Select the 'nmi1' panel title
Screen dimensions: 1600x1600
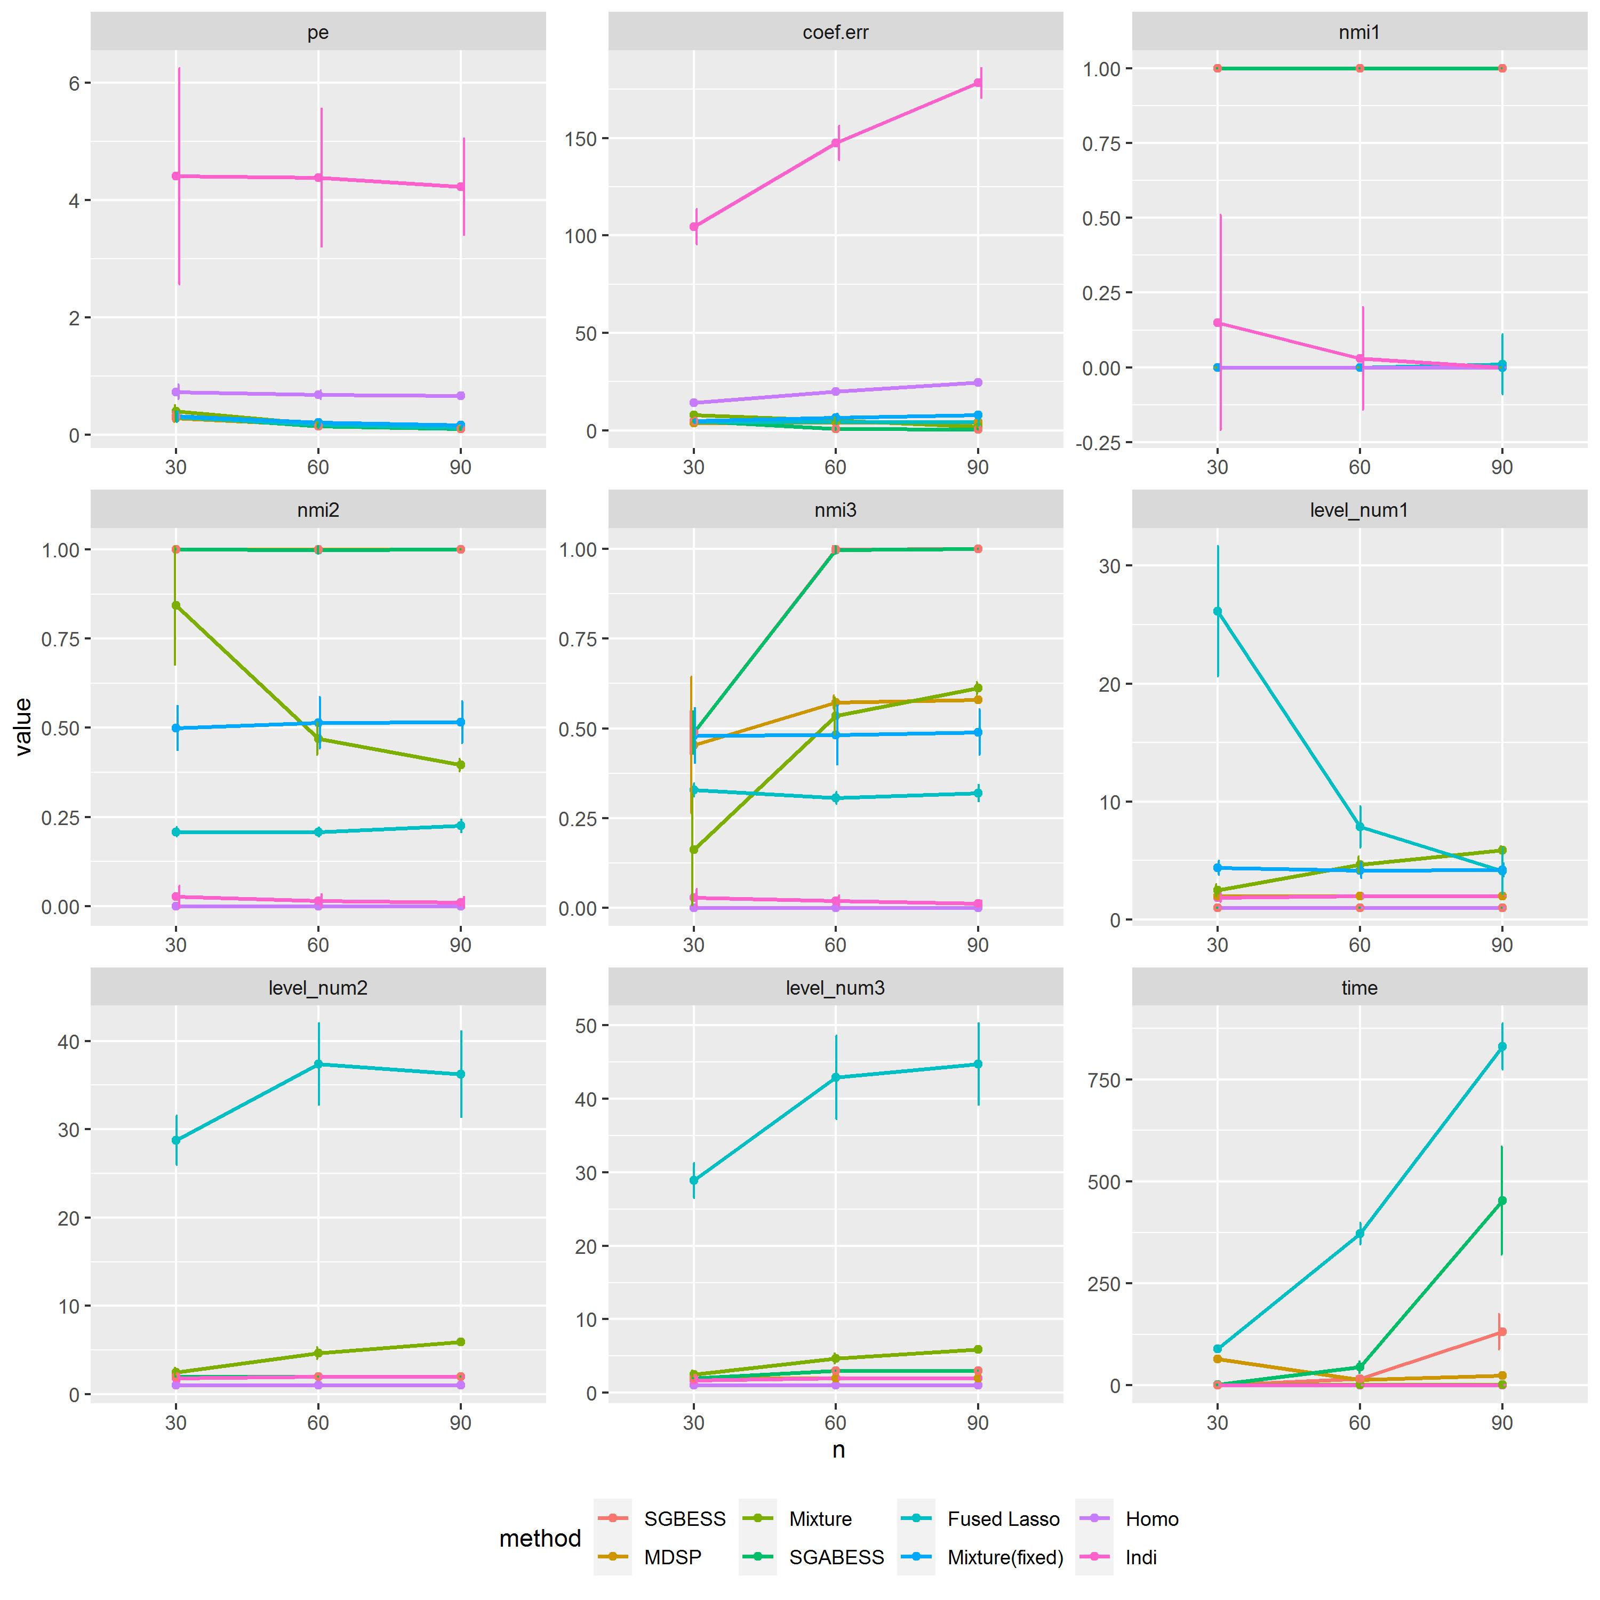coord(1359,33)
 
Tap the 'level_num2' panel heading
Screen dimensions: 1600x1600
coord(318,988)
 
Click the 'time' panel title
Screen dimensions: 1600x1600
coord(1359,988)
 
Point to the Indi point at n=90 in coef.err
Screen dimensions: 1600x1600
coord(978,83)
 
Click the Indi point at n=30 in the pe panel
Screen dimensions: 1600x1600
coord(175,175)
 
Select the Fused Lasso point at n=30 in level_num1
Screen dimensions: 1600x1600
coord(1218,611)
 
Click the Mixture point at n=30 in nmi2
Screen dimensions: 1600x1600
coord(175,605)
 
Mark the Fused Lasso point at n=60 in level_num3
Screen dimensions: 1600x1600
coord(836,1077)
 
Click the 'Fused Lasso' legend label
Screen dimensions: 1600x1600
coord(1003,1519)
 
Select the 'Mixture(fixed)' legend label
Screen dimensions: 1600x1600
coord(1005,1558)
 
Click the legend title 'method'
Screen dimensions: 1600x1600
coord(540,1539)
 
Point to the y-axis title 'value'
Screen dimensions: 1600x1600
coord(23,726)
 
